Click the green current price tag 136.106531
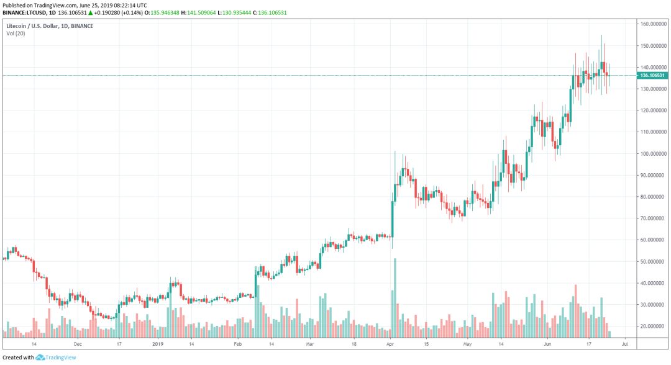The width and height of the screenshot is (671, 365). click(x=653, y=75)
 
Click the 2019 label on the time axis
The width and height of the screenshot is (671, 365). click(x=158, y=342)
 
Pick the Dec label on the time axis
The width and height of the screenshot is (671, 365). click(x=78, y=342)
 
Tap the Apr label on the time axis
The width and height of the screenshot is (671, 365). click(x=390, y=342)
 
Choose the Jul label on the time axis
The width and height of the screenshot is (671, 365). click(x=625, y=342)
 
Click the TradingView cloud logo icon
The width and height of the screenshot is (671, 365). click(x=40, y=358)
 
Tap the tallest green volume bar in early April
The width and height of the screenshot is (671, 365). click(x=395, y=298)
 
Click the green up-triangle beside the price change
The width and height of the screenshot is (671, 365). click(x=91, y=12)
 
